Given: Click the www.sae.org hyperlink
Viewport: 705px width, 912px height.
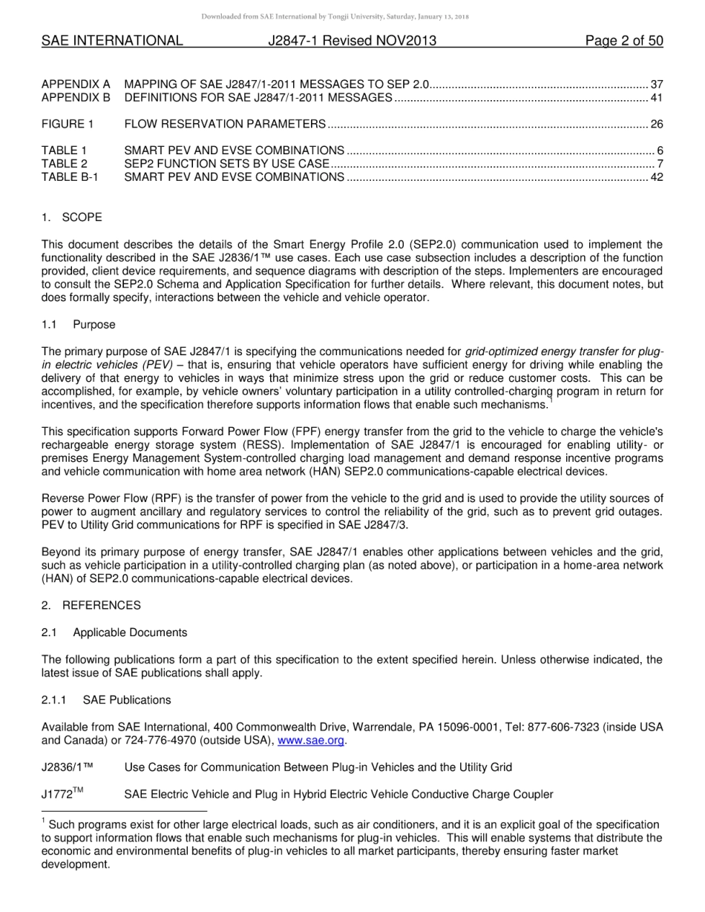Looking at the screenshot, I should click(x=311, y=741).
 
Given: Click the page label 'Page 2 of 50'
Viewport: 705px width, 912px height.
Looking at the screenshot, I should click(x=623, y=41).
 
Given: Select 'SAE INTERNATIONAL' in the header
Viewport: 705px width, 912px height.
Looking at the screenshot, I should click(x=112, y=41).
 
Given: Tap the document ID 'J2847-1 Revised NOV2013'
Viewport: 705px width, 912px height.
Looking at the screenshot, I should click(x=352, y=41).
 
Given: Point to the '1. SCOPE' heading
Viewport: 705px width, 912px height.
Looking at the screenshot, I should click(x=72, y=217).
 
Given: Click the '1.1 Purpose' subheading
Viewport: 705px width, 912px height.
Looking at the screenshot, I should click(x=79, y=325).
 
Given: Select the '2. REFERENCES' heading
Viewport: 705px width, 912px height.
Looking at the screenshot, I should click(x=91, y=605).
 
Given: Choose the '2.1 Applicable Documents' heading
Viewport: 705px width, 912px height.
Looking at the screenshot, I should click(x=114, y=632).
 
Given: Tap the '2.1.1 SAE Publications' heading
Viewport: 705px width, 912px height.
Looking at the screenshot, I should click(x=106, y=700).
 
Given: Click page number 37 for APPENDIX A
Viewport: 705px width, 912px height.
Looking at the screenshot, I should click(x=656, y=85).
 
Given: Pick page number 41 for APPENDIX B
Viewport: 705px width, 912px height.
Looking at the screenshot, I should click(x=656, y=97).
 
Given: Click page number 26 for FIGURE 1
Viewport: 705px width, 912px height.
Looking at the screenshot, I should click(x=656, y=124).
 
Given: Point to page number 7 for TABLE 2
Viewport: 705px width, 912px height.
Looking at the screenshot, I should click(x=659, y=163).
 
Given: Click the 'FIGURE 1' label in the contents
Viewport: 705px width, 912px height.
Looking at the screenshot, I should click(x=68, y=124).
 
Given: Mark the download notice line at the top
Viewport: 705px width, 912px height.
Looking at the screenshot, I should click(x=352, y=16).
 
